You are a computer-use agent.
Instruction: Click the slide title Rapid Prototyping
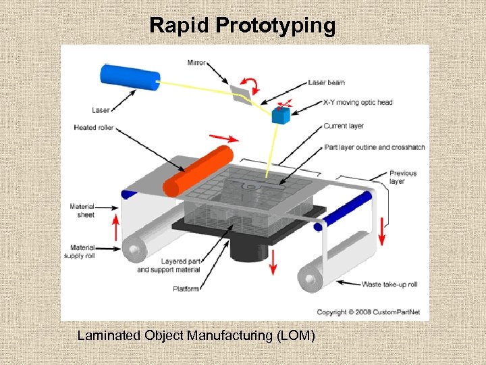[x=242, y=26]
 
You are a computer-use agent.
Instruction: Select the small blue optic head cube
[x=280, y=115]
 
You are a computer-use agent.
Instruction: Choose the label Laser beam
[x=326, y=82]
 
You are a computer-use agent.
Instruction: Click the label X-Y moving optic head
[x=358, y=103]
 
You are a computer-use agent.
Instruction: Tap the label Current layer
[x=344, y=126]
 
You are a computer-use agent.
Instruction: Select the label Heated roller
[x=94, y=127]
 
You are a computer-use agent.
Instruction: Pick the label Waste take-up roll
[x=389, y=284]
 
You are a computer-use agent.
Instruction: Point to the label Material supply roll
[x=79, y=252]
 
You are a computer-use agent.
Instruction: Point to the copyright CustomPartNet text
[x=368, y=312]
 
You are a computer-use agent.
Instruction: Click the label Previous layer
[x=403, y=177]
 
